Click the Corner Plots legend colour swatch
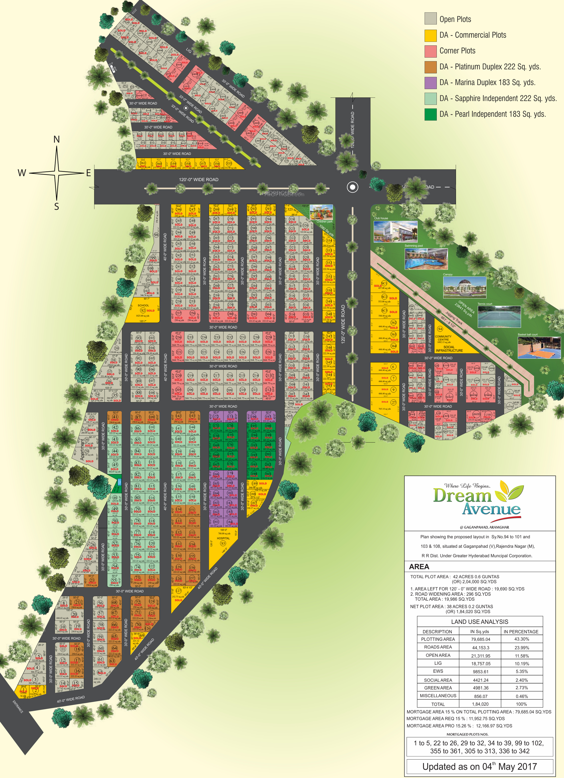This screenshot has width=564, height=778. [x=430, y=51]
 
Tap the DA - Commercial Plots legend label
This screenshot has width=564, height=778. [x=472, y=35]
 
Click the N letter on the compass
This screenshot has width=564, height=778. [x=57, y=139]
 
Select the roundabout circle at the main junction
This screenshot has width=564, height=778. [x=352, y=187]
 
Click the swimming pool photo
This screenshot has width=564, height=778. [x=426, y=259]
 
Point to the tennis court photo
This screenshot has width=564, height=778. [x=499, y=317]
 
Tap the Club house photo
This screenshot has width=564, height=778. [x=395, y=231]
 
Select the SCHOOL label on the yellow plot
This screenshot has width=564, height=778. [x=143, y=305]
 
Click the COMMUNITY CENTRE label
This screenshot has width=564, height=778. [x=443, y=338]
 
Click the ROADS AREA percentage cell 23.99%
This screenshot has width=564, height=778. [x=521, y=648]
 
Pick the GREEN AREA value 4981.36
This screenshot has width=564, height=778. [x=480, y=688]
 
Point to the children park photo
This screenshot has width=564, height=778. [x=321, y=212]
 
